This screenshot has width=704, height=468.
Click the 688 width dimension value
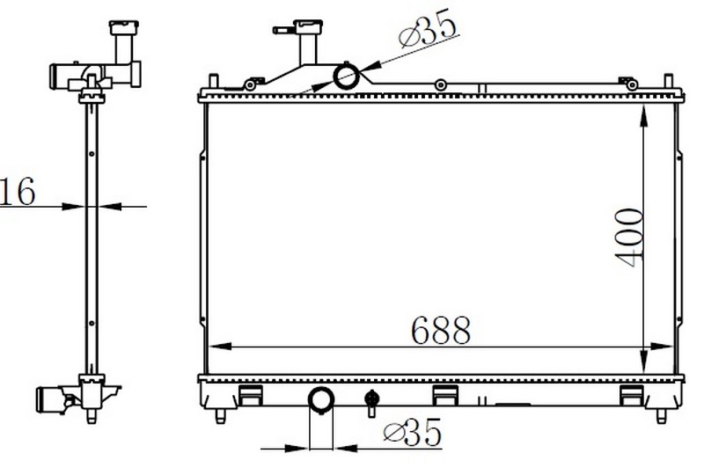441,330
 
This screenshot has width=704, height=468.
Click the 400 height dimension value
629,238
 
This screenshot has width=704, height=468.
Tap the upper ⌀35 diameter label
428,27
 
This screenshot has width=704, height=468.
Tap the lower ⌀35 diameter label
413,433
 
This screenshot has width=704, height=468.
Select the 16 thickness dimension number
18,192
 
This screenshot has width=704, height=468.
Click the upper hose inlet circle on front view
346,77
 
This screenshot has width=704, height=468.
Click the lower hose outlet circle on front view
320,399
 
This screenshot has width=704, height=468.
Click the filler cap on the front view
308,26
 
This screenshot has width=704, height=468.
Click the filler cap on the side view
124,27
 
